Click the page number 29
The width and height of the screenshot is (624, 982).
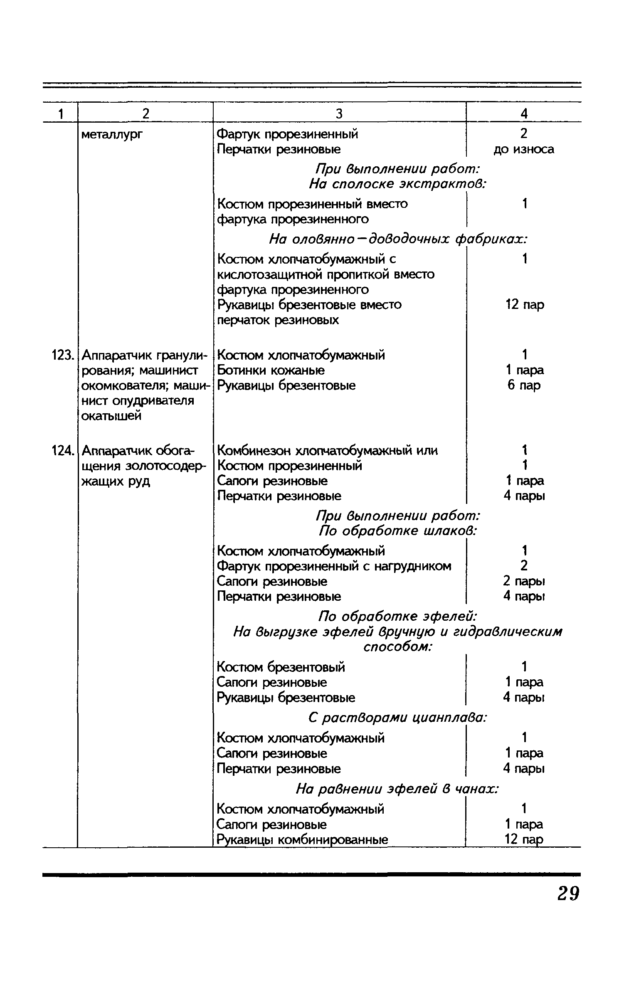point(567,893)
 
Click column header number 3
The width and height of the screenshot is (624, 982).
point(339,113)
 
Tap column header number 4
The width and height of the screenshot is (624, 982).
point(524,113)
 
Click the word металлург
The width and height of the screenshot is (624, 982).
point(111,135)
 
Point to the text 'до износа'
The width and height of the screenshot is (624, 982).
point(524,149)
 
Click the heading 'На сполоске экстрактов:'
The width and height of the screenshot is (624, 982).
point(398,184)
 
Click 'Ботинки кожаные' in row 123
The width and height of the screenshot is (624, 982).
point(271,370)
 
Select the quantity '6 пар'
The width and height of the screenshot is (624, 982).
point(524,385)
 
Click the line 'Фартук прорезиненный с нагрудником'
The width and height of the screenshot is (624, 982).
point(334,566)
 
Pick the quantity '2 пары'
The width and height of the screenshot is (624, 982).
point(524,581)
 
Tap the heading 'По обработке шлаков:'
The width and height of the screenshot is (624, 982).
point(397,531)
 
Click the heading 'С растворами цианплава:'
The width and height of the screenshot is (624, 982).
point(398,718)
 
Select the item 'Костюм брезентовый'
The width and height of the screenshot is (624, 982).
point(281,667)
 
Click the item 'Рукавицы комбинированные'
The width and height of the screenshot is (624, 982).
point(302,840)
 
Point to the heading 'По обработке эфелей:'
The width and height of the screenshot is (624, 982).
point(397,615)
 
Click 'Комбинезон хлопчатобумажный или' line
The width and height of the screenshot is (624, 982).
point(327,451)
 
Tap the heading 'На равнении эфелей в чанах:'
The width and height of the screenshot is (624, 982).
point(397,789)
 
